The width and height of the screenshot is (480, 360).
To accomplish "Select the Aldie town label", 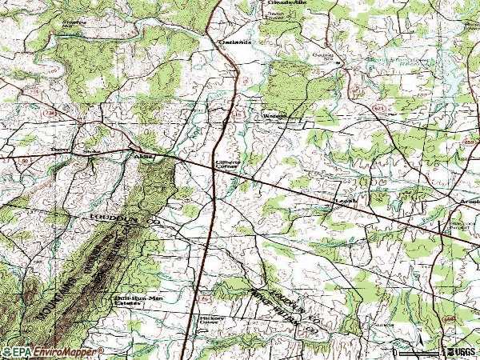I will pos(145,157).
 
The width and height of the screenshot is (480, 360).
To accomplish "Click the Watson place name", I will pos(275,115).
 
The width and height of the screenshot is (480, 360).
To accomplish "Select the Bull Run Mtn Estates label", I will pos(130,301).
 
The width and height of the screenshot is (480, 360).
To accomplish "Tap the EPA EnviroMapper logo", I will pos(52,352).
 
